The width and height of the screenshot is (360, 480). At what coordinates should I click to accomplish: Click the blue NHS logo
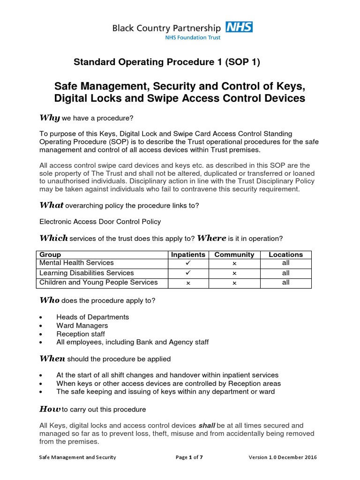tap(239, 27)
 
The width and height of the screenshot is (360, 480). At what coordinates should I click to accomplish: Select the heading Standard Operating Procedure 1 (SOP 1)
tap(165, 62)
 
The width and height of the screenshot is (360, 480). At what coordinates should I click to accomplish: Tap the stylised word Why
tap(49, 117)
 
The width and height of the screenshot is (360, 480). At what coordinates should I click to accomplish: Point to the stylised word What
tap(51, 205)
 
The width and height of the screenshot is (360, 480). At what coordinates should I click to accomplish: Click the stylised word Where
tap(211, 238)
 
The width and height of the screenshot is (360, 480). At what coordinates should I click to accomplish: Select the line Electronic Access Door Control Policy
tap(100, 221)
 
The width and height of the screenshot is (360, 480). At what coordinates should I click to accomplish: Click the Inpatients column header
tap(187, 255)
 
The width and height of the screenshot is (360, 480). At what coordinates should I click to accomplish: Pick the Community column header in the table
tap(234, 255)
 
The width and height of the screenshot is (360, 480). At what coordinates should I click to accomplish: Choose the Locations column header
tap(285, 255)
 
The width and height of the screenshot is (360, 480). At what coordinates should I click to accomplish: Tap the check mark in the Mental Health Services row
tap(187, 263)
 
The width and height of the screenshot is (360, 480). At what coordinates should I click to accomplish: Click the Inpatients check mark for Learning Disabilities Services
tap(187, 273)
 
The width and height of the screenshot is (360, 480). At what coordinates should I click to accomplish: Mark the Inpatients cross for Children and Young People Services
tap(187, 283)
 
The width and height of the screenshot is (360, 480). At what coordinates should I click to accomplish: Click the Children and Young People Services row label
tap(98, 283)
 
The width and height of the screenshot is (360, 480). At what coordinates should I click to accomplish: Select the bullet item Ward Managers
tap(82, 325)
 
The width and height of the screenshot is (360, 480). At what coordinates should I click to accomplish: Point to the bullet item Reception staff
tap(81, 334)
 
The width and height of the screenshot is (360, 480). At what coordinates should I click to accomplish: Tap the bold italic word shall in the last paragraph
tap(207, 425)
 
